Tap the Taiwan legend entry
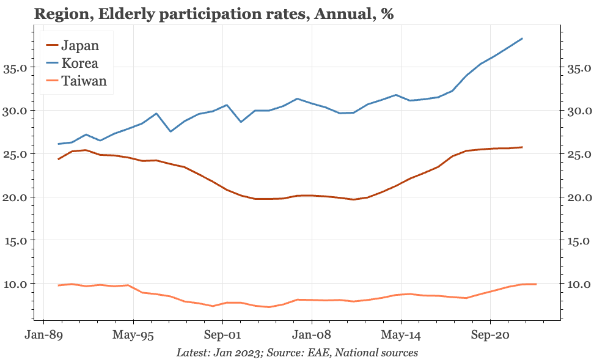click(84, 81)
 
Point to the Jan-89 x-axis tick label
click(43, 335)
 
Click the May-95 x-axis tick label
click(133, 335)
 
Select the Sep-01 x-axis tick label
click(222, 335)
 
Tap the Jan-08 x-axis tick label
click(312, 335)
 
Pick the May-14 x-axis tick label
click(402, 335)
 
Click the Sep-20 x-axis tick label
click(490, 335)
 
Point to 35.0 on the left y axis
click(16, 68)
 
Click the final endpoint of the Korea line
click(522, 39)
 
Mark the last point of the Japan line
click(522, 147)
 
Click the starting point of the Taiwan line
click(58, 285)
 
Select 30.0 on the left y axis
click(16, 111)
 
